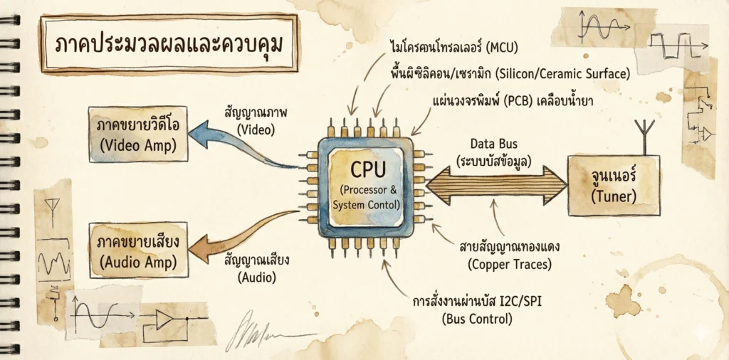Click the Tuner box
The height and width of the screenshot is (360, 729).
[x=613, y=186]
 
